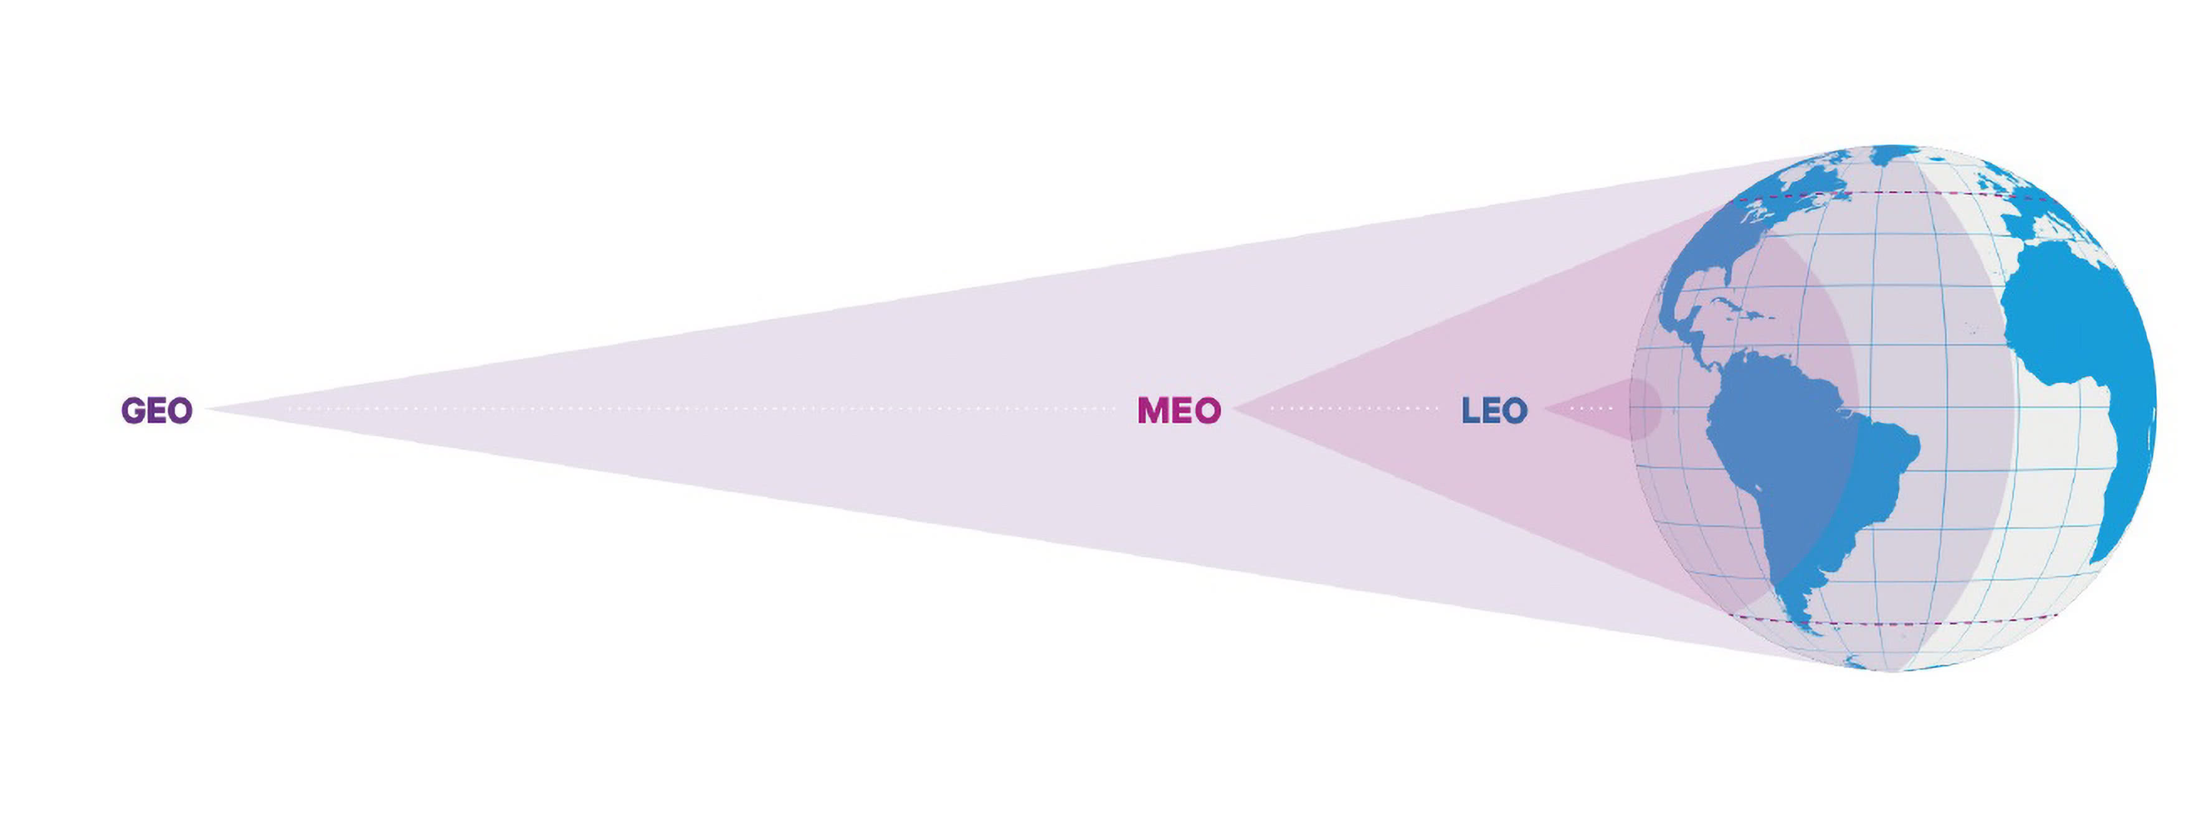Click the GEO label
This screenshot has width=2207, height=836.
point(157,410)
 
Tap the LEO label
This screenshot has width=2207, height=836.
point(1494,410)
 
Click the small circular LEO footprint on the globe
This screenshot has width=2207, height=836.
point(1643,410)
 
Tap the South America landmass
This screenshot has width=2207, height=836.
point(1791,454)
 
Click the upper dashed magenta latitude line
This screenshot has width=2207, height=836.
point(1885,194)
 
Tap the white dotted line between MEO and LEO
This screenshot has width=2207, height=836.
point(1354,408)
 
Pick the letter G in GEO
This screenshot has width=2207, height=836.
point(133,410)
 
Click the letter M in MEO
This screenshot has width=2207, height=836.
point(1152,410)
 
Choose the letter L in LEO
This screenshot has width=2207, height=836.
point(1470,410)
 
